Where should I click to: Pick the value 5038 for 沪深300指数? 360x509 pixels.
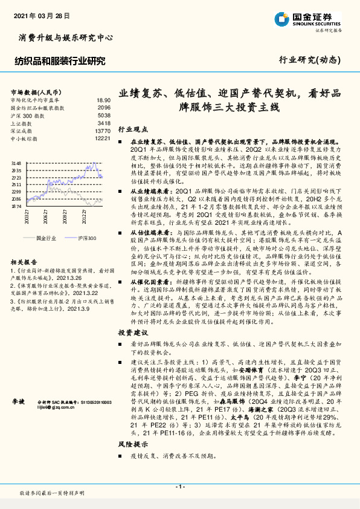point(104,115)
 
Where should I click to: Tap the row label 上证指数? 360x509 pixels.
point(21,123)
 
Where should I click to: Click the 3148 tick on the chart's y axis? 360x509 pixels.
point(16,163)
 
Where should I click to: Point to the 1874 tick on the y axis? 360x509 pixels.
point(16,206)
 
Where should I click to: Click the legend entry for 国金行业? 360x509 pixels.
point(45,239)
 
